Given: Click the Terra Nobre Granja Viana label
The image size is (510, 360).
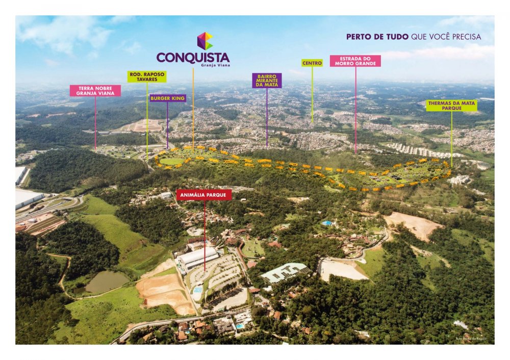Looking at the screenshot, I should point(95,91).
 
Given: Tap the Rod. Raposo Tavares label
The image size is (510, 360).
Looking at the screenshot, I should point(147,76).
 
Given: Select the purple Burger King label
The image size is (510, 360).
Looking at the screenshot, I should point(168,98).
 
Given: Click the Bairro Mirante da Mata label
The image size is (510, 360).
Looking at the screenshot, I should point(267,81).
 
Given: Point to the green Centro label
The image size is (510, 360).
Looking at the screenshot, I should point(312,63).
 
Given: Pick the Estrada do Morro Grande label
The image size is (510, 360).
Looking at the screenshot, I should point(355,61).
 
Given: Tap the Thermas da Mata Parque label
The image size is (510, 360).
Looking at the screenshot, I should point(451,106).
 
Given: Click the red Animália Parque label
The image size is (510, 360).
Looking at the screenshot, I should point(204,195).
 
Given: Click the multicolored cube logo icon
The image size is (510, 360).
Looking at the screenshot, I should point(205,41).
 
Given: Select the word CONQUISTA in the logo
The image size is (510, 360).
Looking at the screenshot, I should point(193,57).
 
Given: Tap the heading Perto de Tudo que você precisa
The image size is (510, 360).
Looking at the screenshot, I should point(413,37).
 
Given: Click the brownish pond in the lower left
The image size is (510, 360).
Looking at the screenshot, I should point(106,281).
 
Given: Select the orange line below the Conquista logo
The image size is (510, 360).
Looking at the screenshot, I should point(193,107).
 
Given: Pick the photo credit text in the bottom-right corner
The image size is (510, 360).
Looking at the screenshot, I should point(471,339).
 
